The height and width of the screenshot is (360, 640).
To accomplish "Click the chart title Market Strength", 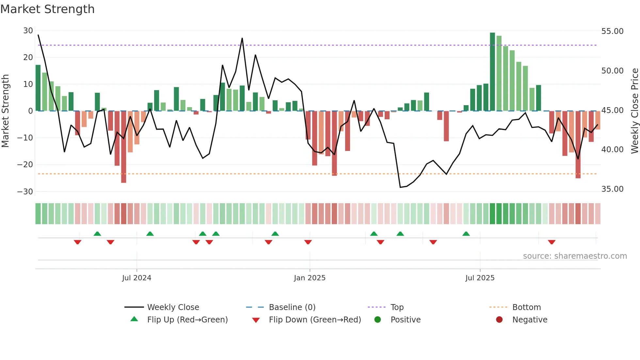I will [47, 9].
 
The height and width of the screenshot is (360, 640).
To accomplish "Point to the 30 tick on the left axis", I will [28, 31].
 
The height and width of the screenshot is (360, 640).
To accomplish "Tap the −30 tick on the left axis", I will [25, 192].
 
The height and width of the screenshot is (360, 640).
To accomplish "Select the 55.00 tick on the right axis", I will [612, 31].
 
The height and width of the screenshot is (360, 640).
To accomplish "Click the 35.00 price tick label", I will [612, 189].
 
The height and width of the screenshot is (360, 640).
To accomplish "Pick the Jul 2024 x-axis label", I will [136, 278].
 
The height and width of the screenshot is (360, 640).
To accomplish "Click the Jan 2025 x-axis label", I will [310, 278].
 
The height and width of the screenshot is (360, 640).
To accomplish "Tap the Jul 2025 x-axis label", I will [480, 278].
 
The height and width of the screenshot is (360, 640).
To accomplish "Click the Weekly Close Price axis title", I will [634, 111].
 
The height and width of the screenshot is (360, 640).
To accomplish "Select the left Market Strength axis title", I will [6, 111].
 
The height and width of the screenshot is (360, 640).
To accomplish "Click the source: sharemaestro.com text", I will [575, 256].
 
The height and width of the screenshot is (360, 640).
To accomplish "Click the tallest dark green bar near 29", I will [492, 72].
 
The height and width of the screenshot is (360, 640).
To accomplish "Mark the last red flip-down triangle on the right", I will [552, 242].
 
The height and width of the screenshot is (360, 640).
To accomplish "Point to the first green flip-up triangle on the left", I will [97, 234].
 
